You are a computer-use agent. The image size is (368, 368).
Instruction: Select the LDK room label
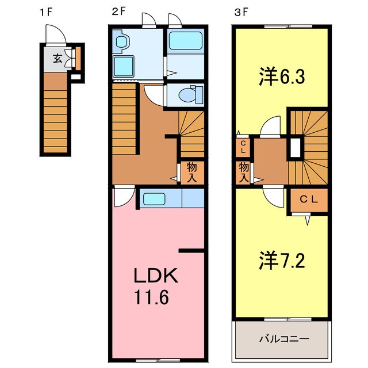tap(156, 277)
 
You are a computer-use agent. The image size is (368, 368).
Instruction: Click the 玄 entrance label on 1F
tap(58, 57)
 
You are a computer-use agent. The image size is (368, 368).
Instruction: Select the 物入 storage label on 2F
tap(191, 172)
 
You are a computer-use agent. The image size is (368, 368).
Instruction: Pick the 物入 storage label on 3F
tap(244, 172)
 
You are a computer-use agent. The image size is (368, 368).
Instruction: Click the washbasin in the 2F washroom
tap(122, 41)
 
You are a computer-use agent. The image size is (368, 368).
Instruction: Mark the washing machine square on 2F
tap(123, 67)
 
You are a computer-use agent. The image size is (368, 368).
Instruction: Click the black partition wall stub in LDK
tap(191, 251)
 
